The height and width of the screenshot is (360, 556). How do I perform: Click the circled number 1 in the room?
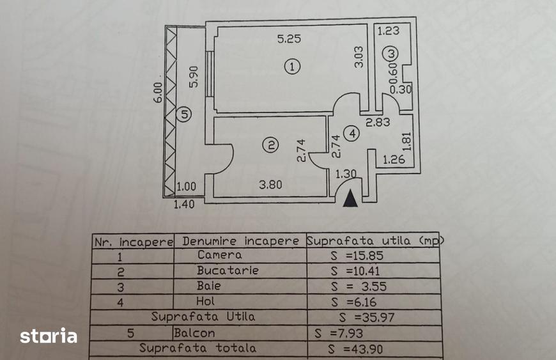[292, 67]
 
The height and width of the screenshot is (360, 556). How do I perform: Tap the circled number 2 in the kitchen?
[271, 145]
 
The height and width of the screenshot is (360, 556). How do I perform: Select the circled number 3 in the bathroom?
[391, 54]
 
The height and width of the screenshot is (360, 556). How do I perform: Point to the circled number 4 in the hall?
[352, 134]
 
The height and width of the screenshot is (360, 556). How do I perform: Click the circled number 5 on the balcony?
[185, 114]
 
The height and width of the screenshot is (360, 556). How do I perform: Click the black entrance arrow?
[350, 198]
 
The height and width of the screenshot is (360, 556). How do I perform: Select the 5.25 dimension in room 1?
[289, 38]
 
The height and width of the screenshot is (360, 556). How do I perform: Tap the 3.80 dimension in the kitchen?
[270, 184]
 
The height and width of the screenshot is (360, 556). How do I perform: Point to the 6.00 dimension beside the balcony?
[158, 92]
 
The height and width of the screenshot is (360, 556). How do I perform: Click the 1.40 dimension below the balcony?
[184, 204]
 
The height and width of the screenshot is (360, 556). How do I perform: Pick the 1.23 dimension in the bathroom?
[389, 31]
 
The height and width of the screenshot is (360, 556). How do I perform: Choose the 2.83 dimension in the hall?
[378, 122]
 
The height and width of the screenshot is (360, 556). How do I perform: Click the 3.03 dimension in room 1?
[359, 57]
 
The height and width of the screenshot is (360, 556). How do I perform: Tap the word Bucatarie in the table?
[228, 270]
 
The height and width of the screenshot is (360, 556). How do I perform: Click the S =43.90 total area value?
[356, 349]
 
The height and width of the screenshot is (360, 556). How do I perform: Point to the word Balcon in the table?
[194, 333]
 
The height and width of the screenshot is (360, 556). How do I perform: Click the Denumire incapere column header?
[241, 241]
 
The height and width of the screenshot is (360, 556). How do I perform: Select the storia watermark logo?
[49, 336]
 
